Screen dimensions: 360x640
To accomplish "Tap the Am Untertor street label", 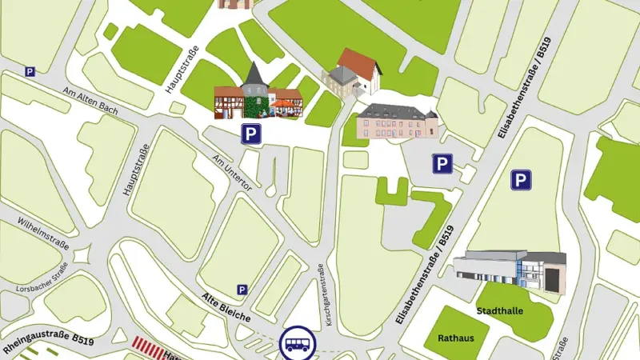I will click(x=233, y=173).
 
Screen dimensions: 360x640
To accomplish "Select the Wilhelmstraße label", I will click(x=43, y=232).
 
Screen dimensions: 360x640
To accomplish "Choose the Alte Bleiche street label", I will click(x=226, y=307).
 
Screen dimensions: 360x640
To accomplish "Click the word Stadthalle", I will click(x=500, y=310).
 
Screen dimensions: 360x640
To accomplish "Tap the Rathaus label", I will click(x=455, y=338).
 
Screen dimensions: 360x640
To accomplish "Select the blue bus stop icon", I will click(x=297, y=342).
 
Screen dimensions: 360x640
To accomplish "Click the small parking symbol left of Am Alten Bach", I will click(x=30, y=71).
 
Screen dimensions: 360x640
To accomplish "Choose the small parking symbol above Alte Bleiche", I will click(x=242, y=290).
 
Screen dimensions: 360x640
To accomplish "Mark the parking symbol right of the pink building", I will click(x=442, y=164).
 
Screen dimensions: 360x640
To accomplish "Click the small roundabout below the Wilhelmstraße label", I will click(x=81, y=255).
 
